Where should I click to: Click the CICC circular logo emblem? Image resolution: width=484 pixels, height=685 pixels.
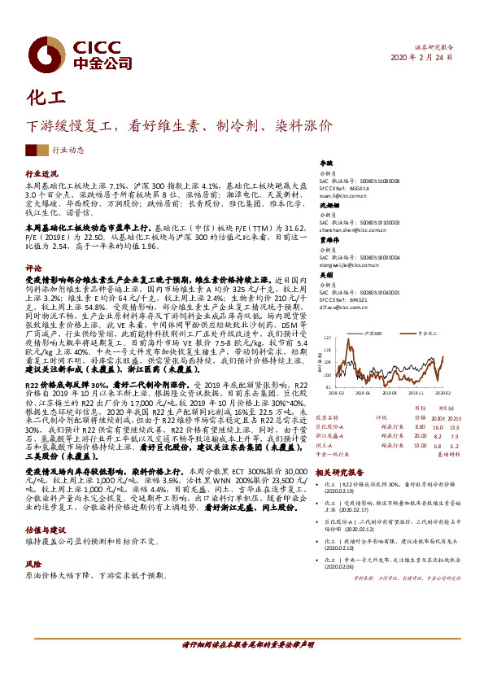(46, 53)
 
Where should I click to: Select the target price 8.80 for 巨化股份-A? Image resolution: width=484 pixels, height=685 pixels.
(420, 426)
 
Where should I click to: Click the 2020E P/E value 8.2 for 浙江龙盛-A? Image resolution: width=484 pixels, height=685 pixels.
(438, 436)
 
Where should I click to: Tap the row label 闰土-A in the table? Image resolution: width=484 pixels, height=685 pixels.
(324, 445)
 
